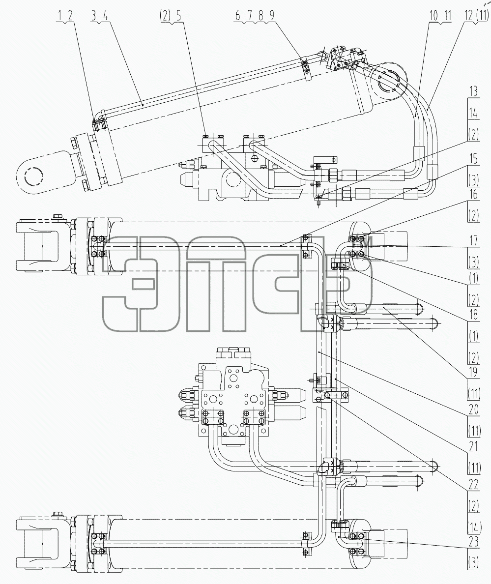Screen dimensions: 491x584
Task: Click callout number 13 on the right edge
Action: pos(473,91)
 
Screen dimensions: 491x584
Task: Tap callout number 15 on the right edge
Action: pos(473,159)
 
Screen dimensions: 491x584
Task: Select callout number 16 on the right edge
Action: pos(473,194)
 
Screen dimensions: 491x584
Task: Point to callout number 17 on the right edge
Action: pos(473,240)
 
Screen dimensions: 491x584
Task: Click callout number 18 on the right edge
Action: pos(473,315)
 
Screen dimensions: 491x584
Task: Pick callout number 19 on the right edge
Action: pos(473,372)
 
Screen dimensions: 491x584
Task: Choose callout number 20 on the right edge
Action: pos(473,409)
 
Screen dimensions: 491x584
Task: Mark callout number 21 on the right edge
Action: pos(473,446)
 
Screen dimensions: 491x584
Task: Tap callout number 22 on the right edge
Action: pos(473,485)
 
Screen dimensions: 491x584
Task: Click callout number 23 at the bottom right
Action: pos(473,542)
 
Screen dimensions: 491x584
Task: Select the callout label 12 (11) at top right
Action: pos(476,16)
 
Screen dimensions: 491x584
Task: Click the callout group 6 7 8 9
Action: pos(255,16)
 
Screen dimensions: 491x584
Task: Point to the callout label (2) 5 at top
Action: pos(171,16)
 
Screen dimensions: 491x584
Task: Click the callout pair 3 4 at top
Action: pos(100,16)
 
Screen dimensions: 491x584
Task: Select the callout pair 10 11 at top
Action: pos(440,16)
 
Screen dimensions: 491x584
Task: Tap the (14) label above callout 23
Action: pos(474,527)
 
